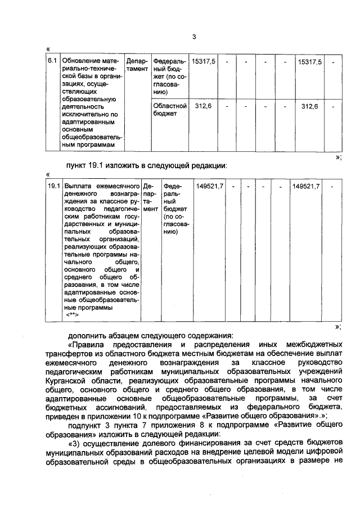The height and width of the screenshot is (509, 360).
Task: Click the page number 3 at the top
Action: [x=193, y=37]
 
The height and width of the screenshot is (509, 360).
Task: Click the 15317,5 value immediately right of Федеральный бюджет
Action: [x=203, y=61]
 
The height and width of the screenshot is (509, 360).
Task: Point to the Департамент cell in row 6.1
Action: [x=137, y=65]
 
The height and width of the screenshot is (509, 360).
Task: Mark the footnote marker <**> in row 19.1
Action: [x=73, y=316]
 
